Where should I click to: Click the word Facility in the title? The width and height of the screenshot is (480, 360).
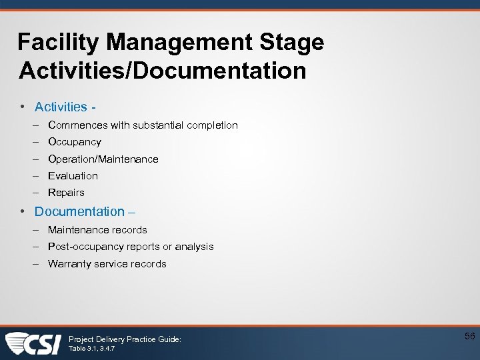[58, 43]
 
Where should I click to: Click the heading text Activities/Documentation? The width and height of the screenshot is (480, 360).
[163, 71]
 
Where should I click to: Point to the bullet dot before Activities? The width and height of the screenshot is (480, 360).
[23, 107]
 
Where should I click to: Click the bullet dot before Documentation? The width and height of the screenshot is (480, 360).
[23, 211]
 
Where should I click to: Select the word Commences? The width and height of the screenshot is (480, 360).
[75, 125]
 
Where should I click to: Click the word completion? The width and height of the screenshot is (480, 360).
[211, 125]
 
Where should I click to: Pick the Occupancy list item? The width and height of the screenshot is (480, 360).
[75, 142]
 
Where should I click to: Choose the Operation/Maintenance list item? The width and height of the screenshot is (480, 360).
[103, 159]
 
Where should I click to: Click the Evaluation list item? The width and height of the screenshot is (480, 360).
[73, 176]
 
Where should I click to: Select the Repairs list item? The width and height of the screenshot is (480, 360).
[66, 193]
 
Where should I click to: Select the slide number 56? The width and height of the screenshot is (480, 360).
[469, 337]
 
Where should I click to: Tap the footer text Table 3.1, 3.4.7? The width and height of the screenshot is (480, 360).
[90, 349]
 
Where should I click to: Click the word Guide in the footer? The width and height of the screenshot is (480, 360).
[167, 339]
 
